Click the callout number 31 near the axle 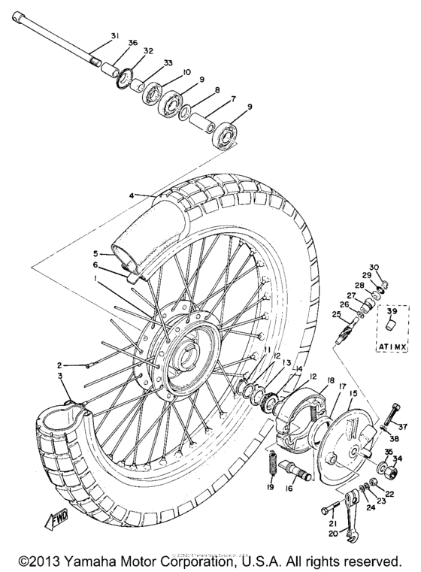[x=114, y=36]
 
